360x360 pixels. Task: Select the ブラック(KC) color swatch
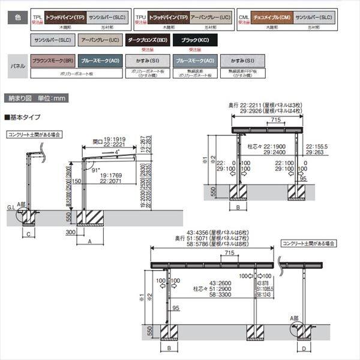[x=195, y=41]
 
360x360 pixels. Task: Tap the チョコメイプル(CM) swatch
[x=272, y=18]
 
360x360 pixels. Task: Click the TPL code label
[x=37, y=16]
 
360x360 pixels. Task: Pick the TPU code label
[x=140, y=16]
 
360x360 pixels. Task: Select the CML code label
[x=243, y=16]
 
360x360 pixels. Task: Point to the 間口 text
[x=100, y=143]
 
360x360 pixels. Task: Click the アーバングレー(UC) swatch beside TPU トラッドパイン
[x=210, y=18]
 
